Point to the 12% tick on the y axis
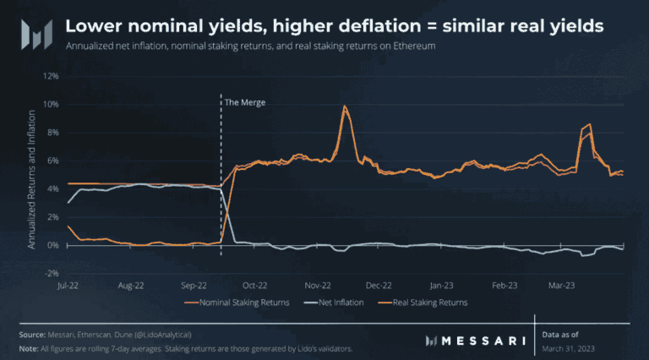click(52, 75)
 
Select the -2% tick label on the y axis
click(52, 274)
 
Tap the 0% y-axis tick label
click(52, 245)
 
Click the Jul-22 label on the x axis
click(68, 286)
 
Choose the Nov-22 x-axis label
click(318, 286)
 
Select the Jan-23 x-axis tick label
click(442, 286)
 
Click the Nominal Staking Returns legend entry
click(239, 302)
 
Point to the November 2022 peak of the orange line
click(345, 106)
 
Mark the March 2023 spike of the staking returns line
click(589, 125)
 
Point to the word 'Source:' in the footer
click(32, 335)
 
